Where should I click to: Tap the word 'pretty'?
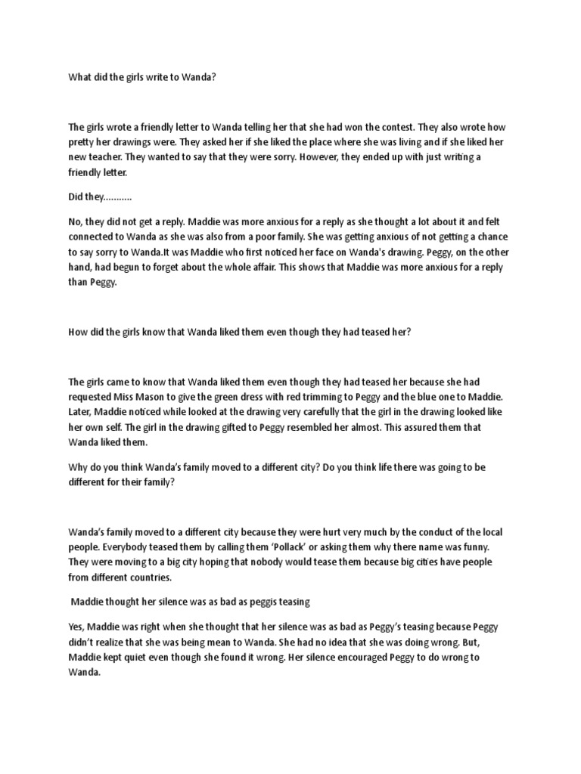tap(82, 142)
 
